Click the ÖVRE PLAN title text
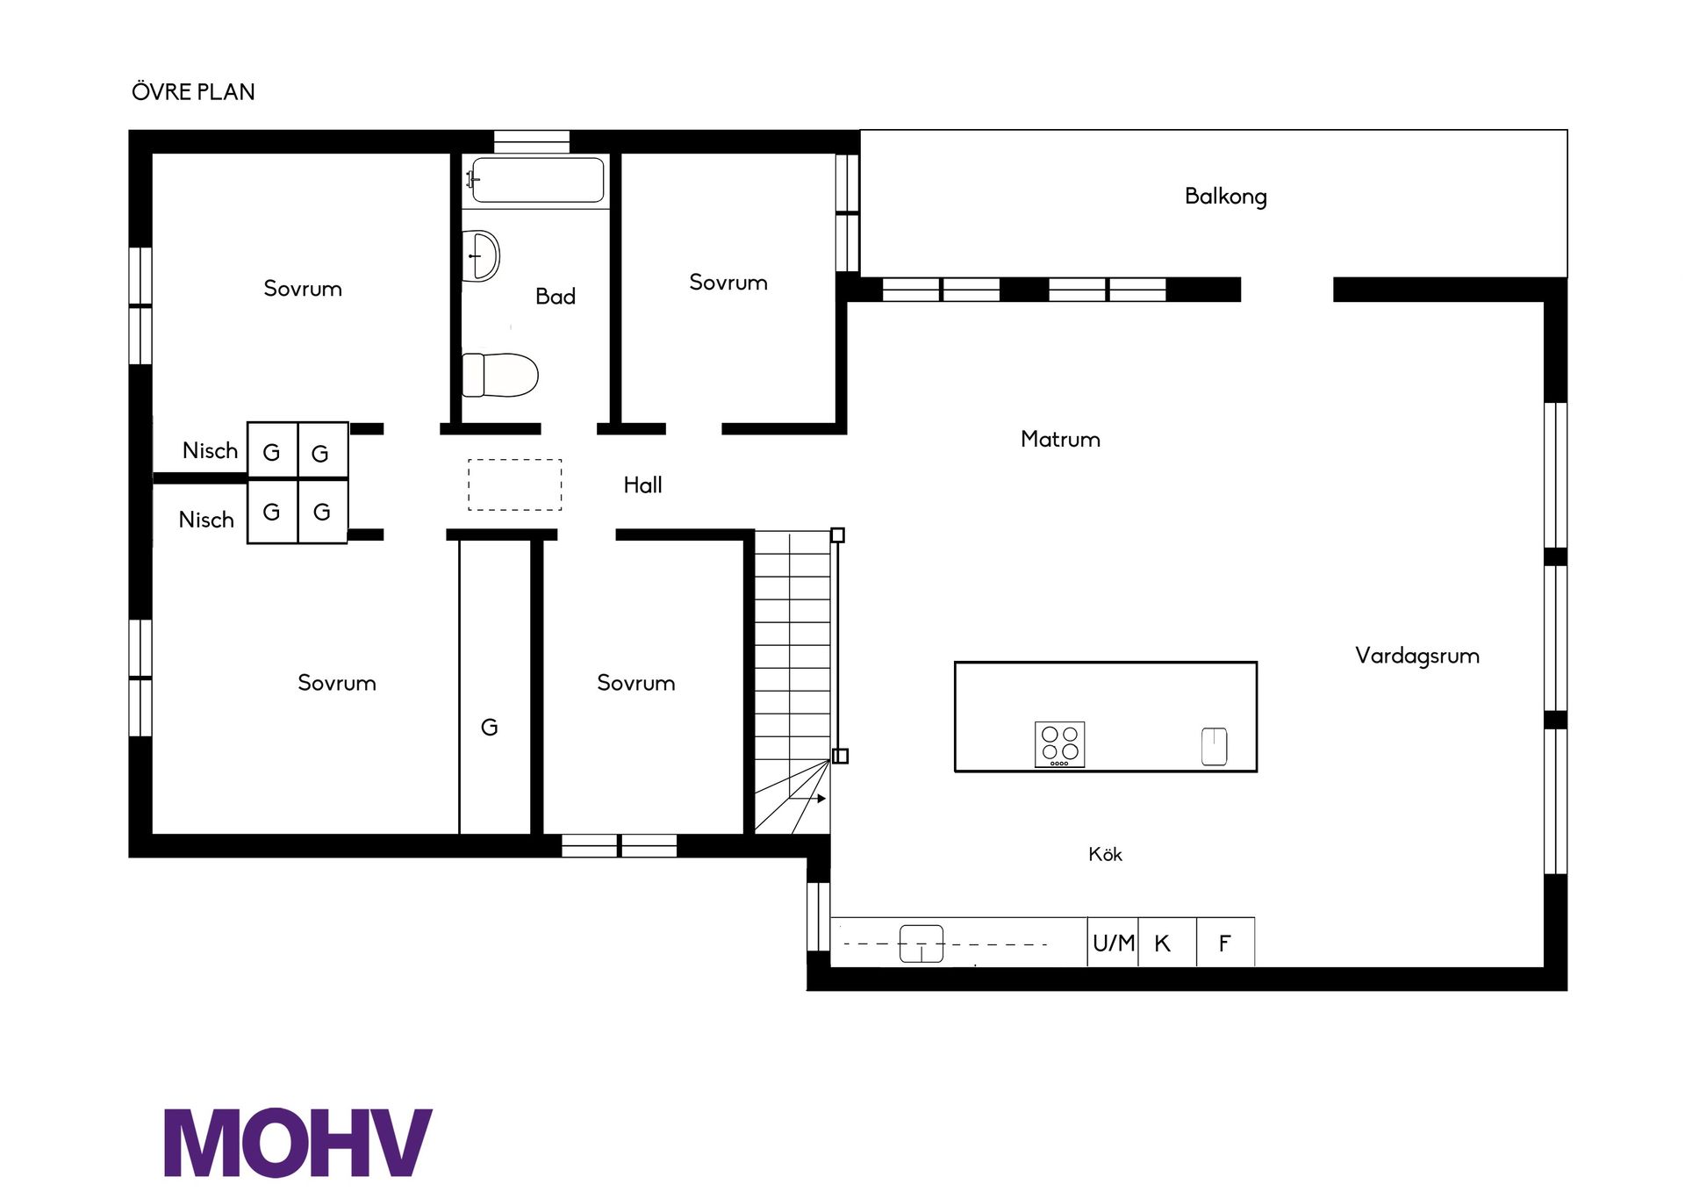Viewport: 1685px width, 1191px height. [x=193, y=91]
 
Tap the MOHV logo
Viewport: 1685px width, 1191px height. [x=298, y=1142]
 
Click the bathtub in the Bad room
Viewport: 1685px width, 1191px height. [x=537, y=180]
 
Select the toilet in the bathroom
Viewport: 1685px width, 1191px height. [x=499, y=375]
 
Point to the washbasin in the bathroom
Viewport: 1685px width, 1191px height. [x=480, y=255]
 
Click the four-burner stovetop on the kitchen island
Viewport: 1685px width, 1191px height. [x=1059, y=744]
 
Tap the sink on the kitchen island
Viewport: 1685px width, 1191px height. [x=1214, y=746]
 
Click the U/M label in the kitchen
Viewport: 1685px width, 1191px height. [x=1113, y=943]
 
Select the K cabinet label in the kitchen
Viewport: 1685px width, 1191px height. [x=1162, y=943]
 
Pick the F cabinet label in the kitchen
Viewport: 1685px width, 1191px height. [x=1224, y=943]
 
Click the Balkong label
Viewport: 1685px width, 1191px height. [x=1225, y=196]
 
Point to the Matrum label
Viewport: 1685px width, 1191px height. [x=1060, y=439]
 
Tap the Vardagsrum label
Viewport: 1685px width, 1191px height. [x=1416, y=656]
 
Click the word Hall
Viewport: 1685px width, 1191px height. [x=642, y=484]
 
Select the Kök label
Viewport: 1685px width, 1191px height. [x=1105, y=854]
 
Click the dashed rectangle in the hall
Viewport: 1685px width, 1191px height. [x=514, y=459]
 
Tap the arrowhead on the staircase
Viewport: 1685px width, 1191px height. [x=821, y=799]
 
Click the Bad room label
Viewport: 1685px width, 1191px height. [x=556, y=296]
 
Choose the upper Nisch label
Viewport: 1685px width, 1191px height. [x=210, y=450]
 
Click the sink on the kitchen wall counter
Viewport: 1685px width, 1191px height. [x=921, y=943]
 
